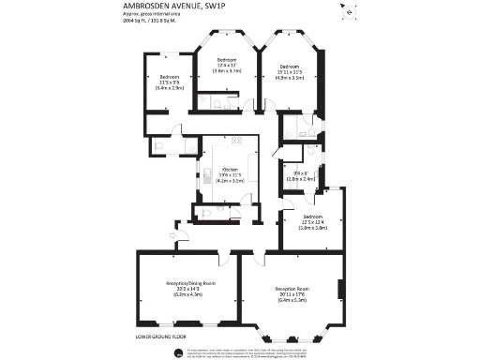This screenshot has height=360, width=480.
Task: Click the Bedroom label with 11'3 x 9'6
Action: pos(170,77)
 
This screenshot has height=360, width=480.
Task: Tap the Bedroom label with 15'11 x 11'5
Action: pos(288,66)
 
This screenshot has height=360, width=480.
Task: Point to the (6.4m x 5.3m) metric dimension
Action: pos(292,300)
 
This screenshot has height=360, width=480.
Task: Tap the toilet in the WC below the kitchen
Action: pos(205,212)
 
